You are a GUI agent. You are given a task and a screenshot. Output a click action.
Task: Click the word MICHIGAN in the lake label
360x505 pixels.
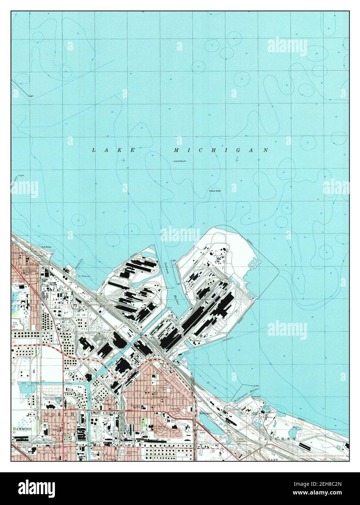(221, 150)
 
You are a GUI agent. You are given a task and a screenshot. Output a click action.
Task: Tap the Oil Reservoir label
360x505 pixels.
(85, 276)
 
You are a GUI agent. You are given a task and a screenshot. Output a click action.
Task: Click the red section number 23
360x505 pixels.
(208, 400)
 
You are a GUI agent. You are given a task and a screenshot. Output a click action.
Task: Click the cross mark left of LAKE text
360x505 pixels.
(124, 160)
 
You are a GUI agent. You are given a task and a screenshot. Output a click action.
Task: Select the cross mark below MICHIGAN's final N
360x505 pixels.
(237, 160)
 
